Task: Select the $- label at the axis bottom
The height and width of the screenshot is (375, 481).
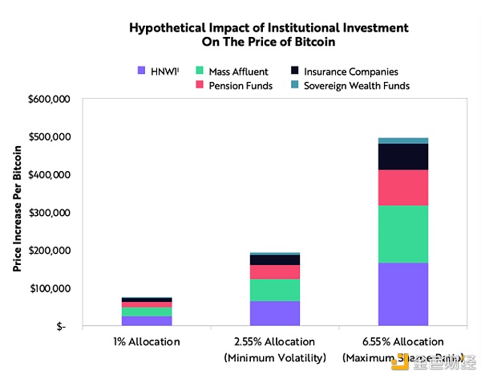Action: (x=63, y=327)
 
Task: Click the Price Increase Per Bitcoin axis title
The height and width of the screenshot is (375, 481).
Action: (x=16, y=213)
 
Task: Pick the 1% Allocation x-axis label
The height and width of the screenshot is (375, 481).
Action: (x=147, y=342)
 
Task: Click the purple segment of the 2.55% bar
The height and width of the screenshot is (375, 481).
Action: (x=274, y=313)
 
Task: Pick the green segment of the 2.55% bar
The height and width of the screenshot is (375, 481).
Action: (x=274, y=290)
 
